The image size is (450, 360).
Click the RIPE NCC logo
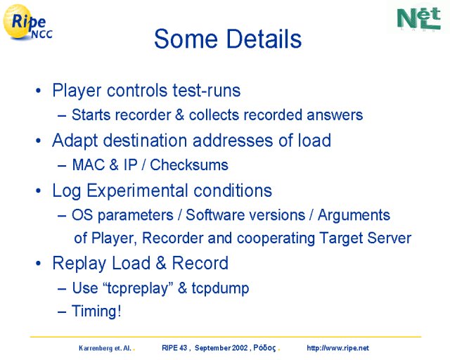tap(27, 22)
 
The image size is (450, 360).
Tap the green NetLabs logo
tap(419, 18)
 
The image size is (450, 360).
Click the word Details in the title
tap(264, 39)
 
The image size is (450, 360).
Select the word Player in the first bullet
tap(77, 91)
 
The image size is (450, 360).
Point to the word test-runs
tap(207, 91)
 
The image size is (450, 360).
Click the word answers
tap(335, 115)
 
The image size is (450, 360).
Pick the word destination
tap(146, 141)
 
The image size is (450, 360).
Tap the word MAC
tap(89, 165)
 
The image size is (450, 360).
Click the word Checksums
tap(189, 165)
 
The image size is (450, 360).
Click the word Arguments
tap(354, 216)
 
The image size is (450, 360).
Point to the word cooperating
tap(276, 238)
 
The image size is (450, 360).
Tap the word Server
tap(390, 238)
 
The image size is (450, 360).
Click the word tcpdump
tap(220, 288)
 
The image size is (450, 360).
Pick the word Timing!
tap(96, 311)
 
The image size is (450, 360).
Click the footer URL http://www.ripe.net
tap(337, 348)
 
